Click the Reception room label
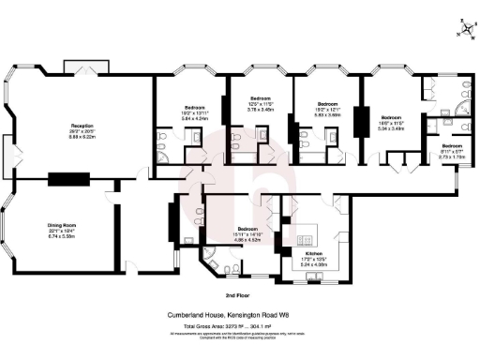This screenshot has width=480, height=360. pyautogui.click(x=81, y=126)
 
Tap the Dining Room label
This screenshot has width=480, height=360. pyautogui.click(x=62, y=226)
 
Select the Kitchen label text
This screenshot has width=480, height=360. pyautogui.click(x=314, y=253)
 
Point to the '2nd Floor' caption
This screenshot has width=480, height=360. pyautogui.click(x=240, y=296)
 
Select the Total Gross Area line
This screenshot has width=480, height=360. pyautogui.click(x=240, y=324)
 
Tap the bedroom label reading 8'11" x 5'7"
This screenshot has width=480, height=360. pyautogui.click(x=453, y=146)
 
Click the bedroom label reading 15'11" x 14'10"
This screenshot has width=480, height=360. pyautogui.click(x=247, y=230)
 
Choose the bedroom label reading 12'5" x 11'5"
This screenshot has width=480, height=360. pyautogui.click(x=260, y=98)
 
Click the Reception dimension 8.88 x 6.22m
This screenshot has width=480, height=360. pyautogui.click(x=81, y=138)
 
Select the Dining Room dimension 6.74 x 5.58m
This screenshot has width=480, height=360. pyautogui.click(x=62, y=238)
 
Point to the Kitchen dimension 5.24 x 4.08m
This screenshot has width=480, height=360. pyautogui.click(x=314, y=265)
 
